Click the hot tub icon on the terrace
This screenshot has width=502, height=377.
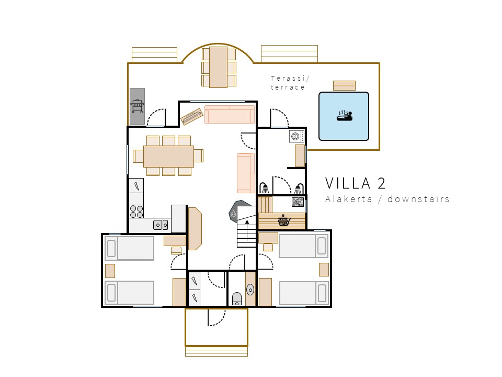pyautogui.click(x=345, y=116)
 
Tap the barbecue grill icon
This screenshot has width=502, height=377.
pyautogui.click(x=138, y=106)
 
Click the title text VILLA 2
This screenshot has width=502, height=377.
pyautogui.click(x=356, y=183)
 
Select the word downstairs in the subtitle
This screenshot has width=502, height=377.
pyautogui.click(x=418, y=199)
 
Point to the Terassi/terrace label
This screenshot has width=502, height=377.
pyautogui.click(x=290, y=83)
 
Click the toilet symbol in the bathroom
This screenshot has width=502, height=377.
pyautogui.click(x=237, y=298)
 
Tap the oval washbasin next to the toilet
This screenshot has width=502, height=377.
pyautogui.click(x=250, y=290)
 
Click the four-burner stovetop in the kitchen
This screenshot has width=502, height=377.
pyautogui.click(x=136, y=212)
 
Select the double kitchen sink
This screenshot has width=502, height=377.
pyautogui.click(x=161, y=225)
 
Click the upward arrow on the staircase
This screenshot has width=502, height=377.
pyautogui.click(x=247, y=230)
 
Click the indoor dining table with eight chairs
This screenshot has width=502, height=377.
pyautogui.click(x=168, y=156)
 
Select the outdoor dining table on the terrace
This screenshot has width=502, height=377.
pyautogui.click(x=219, y=67)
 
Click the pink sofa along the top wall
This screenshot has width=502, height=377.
pyautogui.click(x=230, y=114)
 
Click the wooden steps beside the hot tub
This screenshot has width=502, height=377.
pyautogui.click(x=344, y=85)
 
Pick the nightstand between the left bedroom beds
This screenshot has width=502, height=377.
pyautogui.click(x=110, y=271)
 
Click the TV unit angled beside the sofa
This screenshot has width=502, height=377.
pyautogui.click(x=192, y=116)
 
